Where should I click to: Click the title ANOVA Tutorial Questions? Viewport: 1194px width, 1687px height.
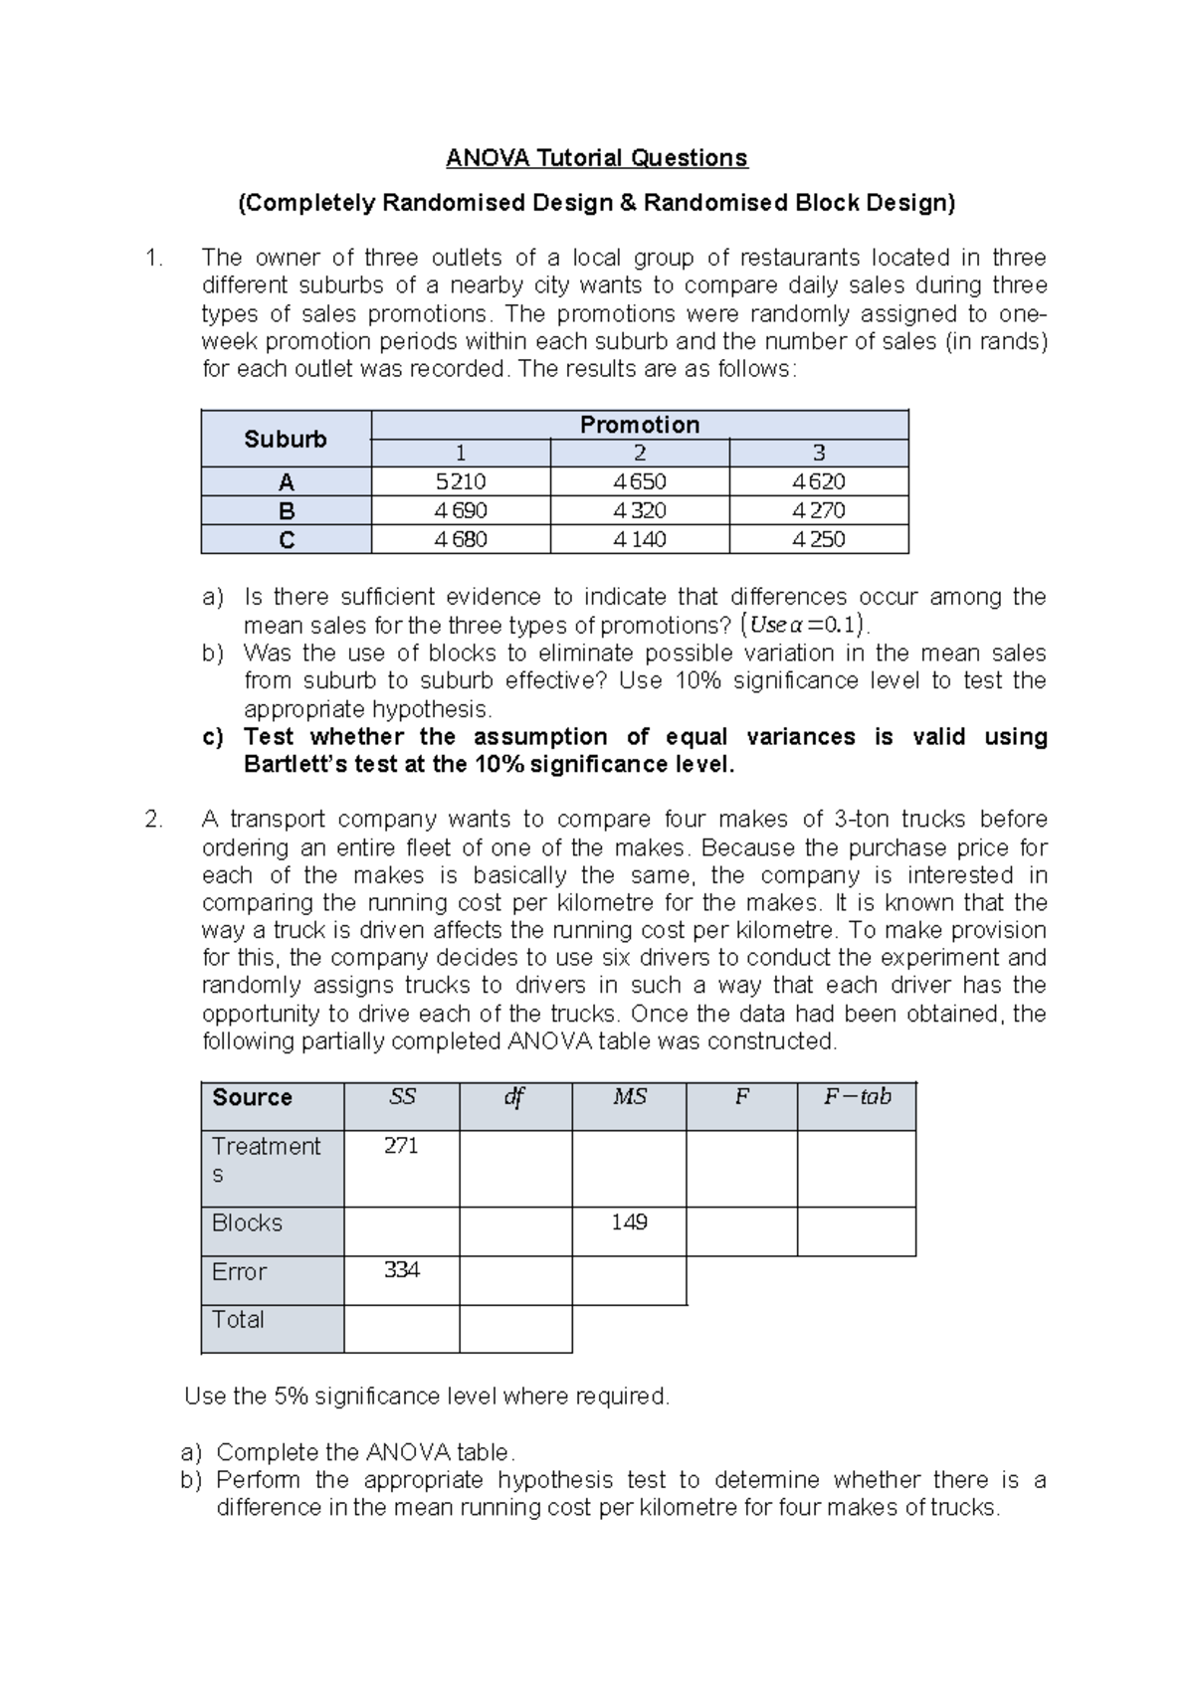tap(596, 158)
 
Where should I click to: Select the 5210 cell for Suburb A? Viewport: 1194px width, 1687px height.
tap(461, 482)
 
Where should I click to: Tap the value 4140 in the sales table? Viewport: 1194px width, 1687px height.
tap(640, 540)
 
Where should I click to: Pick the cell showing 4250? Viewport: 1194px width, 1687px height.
tap(819, 540)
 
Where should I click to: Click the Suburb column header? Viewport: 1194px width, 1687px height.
tap(286, 439)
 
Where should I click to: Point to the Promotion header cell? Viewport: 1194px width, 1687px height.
tap(640, 425)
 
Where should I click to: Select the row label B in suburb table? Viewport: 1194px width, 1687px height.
tap(287, 511)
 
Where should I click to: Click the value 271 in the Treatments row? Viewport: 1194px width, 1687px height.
tap(401, 1146)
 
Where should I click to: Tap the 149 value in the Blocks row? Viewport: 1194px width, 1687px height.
tap(629, 1222)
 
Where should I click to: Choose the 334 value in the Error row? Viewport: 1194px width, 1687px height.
tap(401, 1270)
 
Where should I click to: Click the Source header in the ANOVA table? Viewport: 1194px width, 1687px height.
tap(252, 1097)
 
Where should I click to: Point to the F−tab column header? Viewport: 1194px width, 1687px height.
tap(857, 1097)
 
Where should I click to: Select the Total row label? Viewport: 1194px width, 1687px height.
tap(238, 1320)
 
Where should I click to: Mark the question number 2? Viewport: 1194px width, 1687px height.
tap(152, 820)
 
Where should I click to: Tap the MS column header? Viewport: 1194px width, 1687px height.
tap(629, 1097)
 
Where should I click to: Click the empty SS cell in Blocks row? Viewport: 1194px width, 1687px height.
tap(401, 1231)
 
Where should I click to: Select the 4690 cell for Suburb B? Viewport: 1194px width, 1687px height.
tap(461, 511)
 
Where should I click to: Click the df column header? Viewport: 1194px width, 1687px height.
tap(514, 1097)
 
